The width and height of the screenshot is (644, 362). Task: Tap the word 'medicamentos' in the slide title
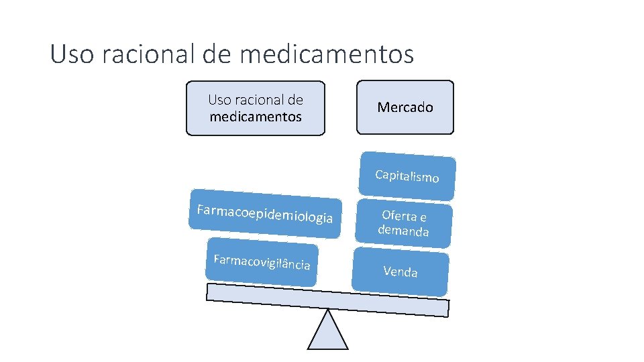click(326, 54)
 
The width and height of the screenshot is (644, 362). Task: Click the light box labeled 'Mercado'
click(405, 107)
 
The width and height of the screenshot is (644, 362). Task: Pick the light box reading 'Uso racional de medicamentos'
click(255, 108)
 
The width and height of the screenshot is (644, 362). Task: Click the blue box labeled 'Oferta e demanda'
click(404, 223)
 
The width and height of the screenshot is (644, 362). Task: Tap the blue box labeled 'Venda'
click(400, 271)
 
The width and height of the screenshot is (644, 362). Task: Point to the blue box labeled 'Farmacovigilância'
click(262, 262)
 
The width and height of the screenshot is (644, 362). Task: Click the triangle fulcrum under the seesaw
click(327, 333)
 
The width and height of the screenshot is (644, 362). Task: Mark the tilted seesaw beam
click(327, 300)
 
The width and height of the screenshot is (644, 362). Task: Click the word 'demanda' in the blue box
click(403, 231)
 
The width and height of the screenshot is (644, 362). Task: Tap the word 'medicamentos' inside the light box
click(256, 117)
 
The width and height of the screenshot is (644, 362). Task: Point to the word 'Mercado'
click(405, 107)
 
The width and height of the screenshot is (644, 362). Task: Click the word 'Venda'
click(400, 271)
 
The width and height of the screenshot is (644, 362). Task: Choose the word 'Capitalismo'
click(407, 176)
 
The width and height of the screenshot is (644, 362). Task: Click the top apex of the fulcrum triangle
click(327, 310)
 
